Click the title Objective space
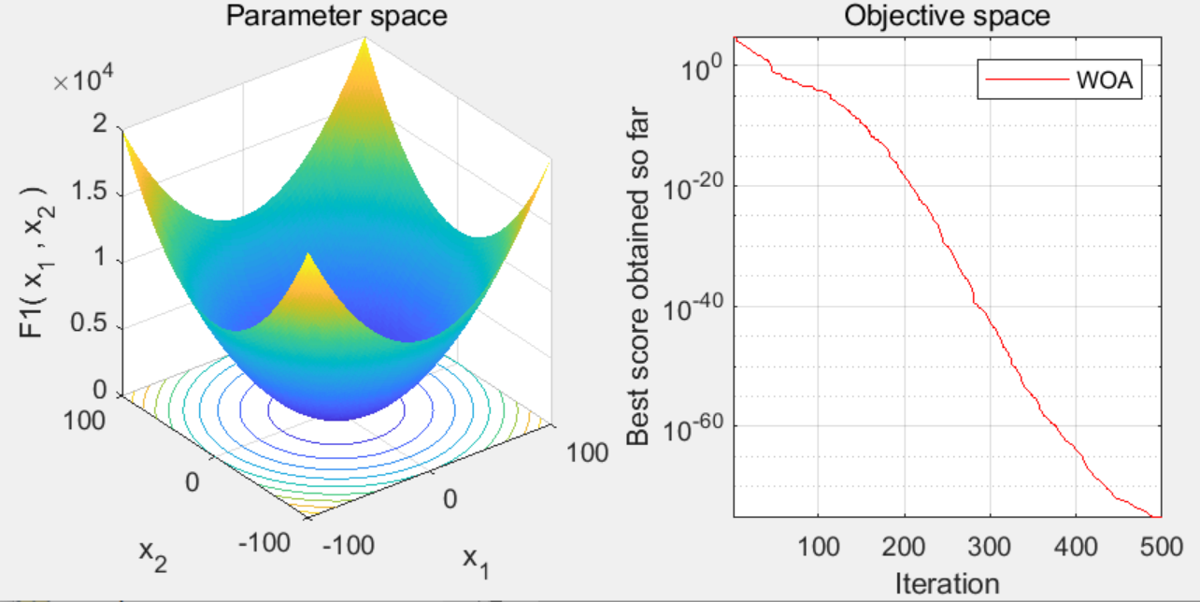point(947,15)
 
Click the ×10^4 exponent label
point(85,80)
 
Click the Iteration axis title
point(947,584)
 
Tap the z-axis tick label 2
point(102,129)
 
